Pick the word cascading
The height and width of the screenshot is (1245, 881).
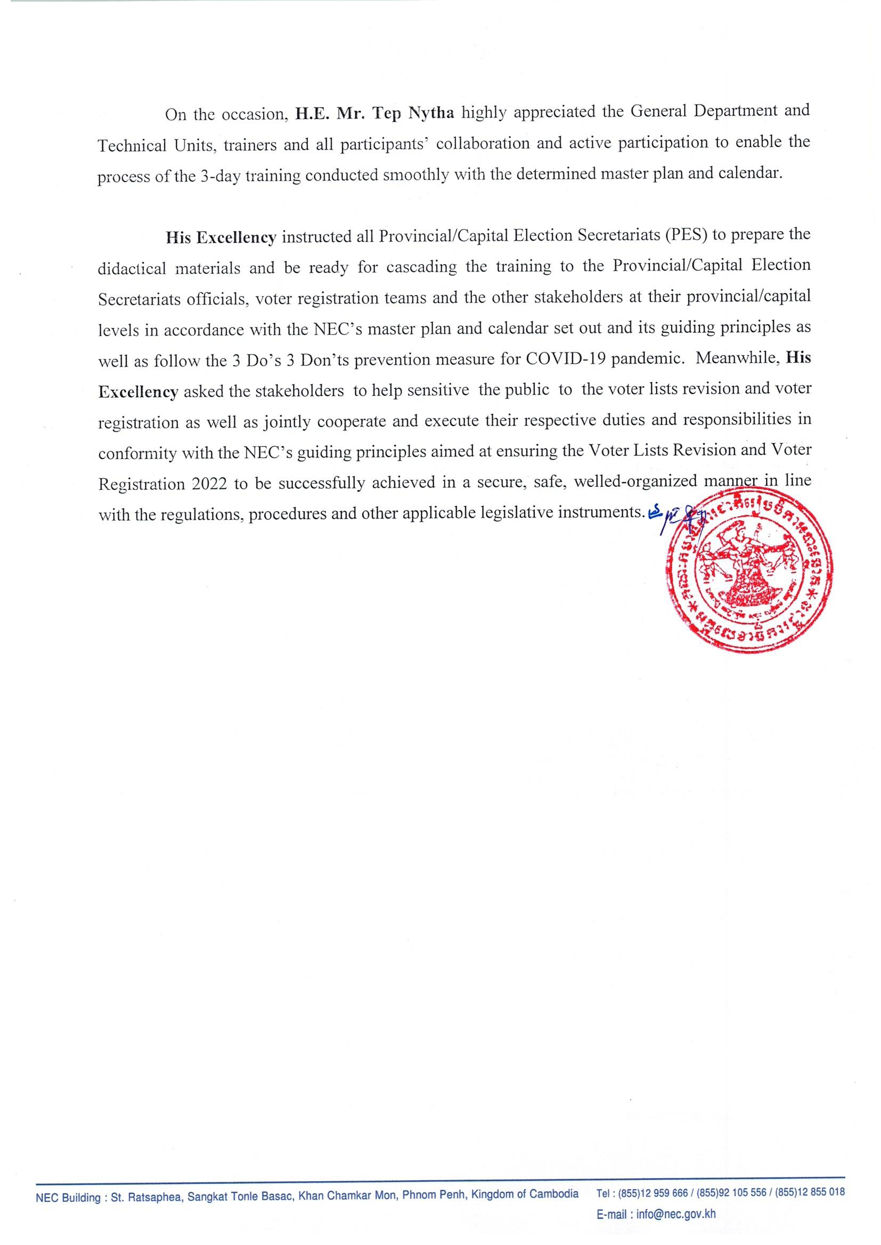click(421, 267)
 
